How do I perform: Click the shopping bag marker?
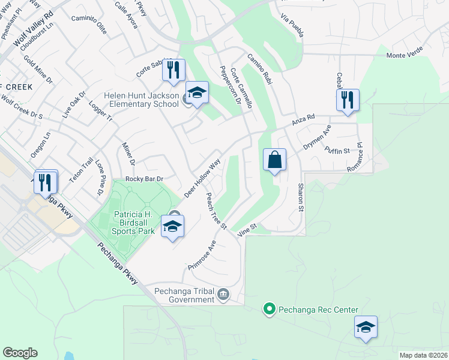tap(274, 160)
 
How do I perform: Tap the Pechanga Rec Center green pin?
tap(270, 310)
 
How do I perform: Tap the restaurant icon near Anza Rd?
tap(348, 100)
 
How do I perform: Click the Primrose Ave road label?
tap(203, 255)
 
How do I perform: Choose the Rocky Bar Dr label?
tap(144, 179)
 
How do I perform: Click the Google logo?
tap(20, 353)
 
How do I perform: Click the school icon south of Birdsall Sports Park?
tap(172, 227)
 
